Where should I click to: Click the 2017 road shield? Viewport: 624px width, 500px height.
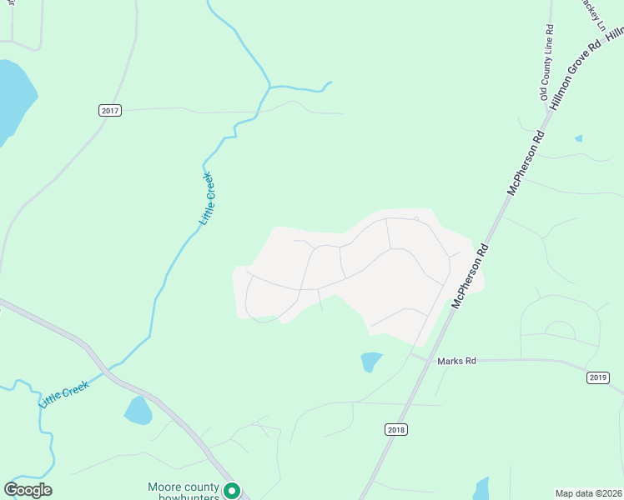(110, 110)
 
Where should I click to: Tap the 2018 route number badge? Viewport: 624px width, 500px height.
(397, 429)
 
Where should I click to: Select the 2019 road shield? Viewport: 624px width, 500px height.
(598, 377)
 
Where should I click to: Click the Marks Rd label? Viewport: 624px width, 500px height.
(456, 361)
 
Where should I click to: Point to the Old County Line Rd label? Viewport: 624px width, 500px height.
(547, 62)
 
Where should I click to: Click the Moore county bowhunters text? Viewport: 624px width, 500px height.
(184, 492)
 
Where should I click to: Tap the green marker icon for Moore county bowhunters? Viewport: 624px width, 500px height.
(234, 492)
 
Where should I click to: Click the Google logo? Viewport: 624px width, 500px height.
(28, 490)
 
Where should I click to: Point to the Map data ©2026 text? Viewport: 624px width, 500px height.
(588, 493)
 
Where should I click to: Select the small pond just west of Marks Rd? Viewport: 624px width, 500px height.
(370, 361)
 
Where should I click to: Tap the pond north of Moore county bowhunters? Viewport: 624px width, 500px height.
(138, 410)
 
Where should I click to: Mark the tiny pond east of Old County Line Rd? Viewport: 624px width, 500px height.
(578, 137)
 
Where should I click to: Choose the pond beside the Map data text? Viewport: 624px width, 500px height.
(481, 488)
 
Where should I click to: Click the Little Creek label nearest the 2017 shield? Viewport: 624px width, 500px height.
(207, 198)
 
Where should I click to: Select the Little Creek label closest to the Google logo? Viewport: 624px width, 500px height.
(63, 394)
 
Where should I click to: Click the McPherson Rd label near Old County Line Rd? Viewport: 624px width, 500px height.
(526, 162)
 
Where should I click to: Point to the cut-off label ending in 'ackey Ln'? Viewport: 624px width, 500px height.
(593, 12)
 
